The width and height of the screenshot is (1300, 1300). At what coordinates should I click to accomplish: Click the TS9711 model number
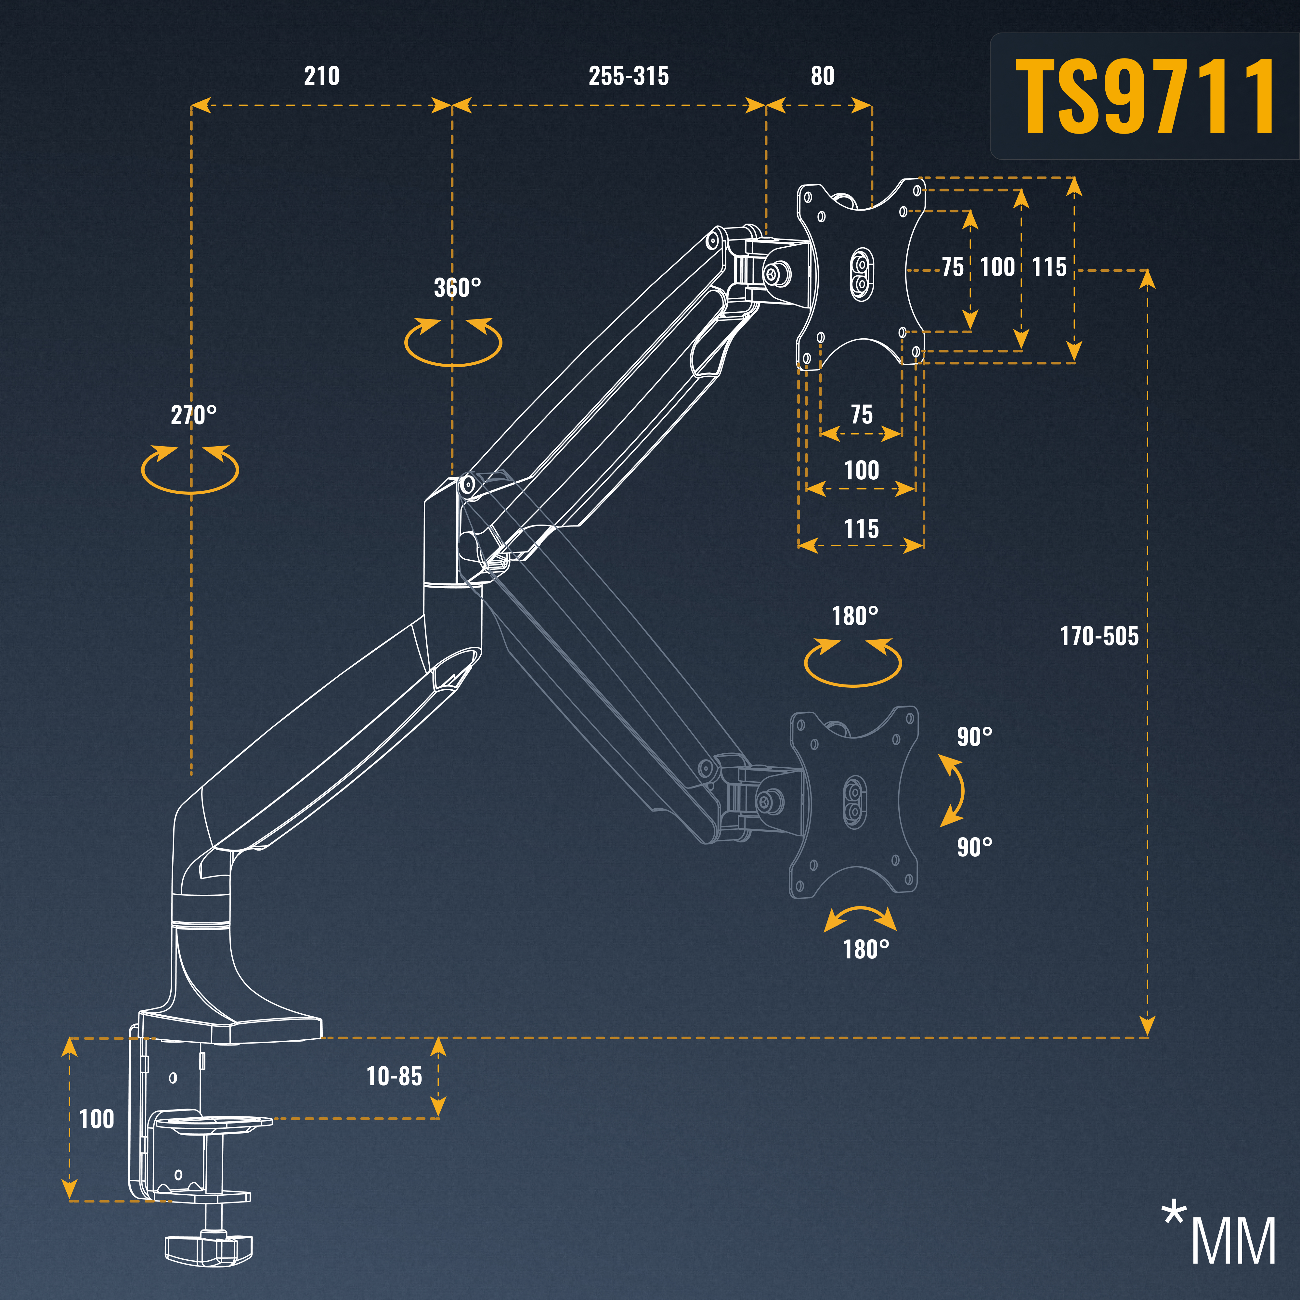pyautogui.click(x=1145, y=96)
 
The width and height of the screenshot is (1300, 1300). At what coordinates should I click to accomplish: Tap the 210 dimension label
pyautogui.click(x=322, y=76)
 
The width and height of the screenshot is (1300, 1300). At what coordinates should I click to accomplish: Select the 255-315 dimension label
pyautogui.click(x=629, y=76)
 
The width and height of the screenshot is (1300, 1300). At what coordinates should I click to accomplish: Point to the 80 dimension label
pyautogui.click(x=822, y=76)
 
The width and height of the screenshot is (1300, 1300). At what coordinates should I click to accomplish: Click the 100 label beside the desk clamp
pyautogui.click(x=97, y=1119)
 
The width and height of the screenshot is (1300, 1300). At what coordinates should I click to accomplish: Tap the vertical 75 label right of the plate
pyautogui.click(x=952, y=267)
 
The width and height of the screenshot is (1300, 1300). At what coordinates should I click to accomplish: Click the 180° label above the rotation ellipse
pyautogui.click(x=854, y=616)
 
